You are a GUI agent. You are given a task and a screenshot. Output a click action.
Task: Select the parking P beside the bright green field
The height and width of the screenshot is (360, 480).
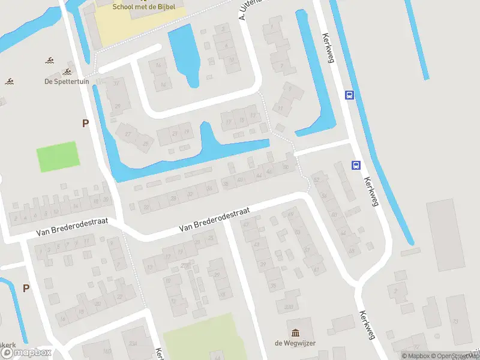(x=85, y=123)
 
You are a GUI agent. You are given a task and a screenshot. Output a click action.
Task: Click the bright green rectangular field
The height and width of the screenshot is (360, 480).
(x=58, y=157)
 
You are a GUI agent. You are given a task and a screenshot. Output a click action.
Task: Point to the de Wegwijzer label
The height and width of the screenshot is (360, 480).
(x=295, y=343)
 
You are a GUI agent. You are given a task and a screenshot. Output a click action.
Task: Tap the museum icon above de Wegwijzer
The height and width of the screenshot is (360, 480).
(x=295, y=333)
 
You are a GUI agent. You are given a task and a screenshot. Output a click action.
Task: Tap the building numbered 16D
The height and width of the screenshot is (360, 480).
(x=107, y=350)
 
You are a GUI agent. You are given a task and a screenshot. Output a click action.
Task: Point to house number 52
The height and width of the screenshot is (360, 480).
(x=316, y=179)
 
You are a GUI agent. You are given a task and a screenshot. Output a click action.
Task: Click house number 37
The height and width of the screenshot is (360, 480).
(x=116, y=83)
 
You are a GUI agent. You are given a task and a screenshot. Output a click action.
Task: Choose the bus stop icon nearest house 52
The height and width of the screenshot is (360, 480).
(x=356, y=166)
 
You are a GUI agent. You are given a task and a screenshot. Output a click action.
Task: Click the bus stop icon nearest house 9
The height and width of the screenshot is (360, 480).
(x=349, y=95)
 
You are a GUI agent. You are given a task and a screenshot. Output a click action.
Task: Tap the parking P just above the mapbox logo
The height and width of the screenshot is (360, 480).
(x=26, y=288)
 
